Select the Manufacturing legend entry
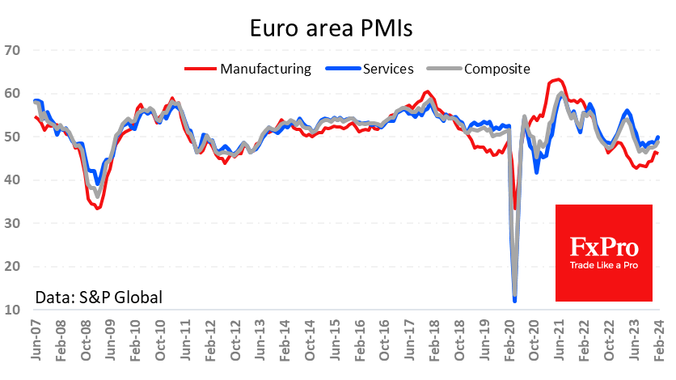pos(265,69)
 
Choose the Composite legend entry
pos(496,69)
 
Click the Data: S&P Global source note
pos(99,297)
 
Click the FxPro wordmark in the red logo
pos(603,246)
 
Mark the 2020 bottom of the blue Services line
pos(515,301)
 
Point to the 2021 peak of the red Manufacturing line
pos(557,79)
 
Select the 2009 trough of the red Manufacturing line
pos(98,208)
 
